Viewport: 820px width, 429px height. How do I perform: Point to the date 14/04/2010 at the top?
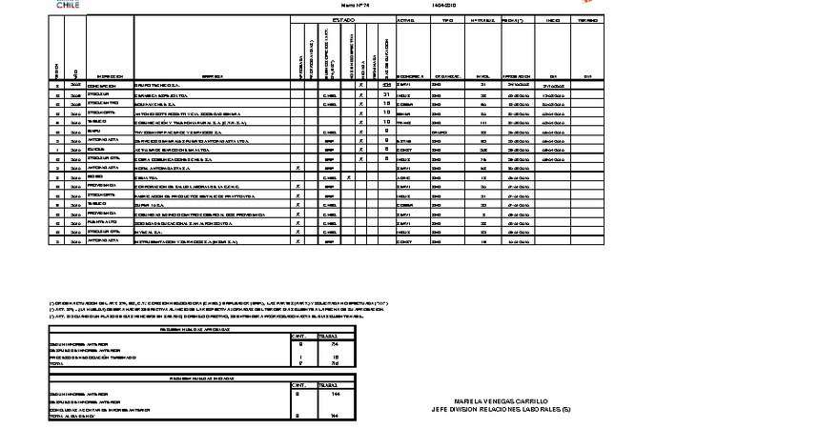pyautogui.click(x=444, y=5)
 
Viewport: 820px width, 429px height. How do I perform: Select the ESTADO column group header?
pyautogui.click(x=344, y=19)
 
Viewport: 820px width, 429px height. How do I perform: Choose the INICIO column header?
pyautogui.click(x=553, y=19)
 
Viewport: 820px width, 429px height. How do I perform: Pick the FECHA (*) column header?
pyautogui.click(x=519, y=19)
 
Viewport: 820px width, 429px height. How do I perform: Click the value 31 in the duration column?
pyautogui.click(x=386, y=94)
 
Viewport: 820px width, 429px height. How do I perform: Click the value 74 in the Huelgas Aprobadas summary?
pyautogui.click(x=334, y=342)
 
